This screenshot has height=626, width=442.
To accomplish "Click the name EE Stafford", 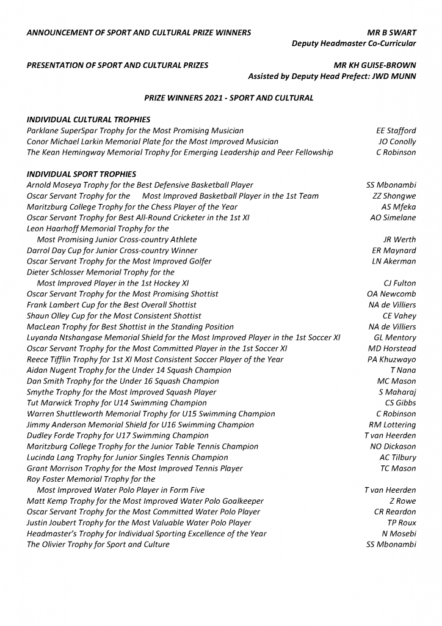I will [x=396, y=130].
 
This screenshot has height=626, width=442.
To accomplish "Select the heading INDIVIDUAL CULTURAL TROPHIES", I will [x=89, y=119].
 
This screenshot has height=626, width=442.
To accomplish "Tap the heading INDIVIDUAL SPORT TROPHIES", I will [x=81, y=174].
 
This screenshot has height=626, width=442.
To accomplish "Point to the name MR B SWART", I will [x=388, y=32].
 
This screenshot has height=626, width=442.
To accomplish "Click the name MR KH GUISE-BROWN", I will [x=375, y=65].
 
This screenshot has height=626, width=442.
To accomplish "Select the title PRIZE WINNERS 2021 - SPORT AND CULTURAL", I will [x=229, y=98].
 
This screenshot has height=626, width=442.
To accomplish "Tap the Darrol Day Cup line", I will [x=112, y=251].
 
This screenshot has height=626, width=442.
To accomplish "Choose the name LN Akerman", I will [x=394, y=261].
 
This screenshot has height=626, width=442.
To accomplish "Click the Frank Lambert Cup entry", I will [x=112, y=305].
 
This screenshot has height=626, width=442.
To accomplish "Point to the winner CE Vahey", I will [x=399, y=316].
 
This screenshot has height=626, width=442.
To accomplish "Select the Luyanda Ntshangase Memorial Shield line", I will [x=183, y=337].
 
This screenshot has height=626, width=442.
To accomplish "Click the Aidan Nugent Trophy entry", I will [x=129, y=370].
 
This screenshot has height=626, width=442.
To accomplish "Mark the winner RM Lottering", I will [x=392, y=425].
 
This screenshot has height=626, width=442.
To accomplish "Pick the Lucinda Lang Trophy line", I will [x=127, y=457].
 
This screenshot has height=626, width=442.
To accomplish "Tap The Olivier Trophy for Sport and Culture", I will [x=98, y=545].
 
